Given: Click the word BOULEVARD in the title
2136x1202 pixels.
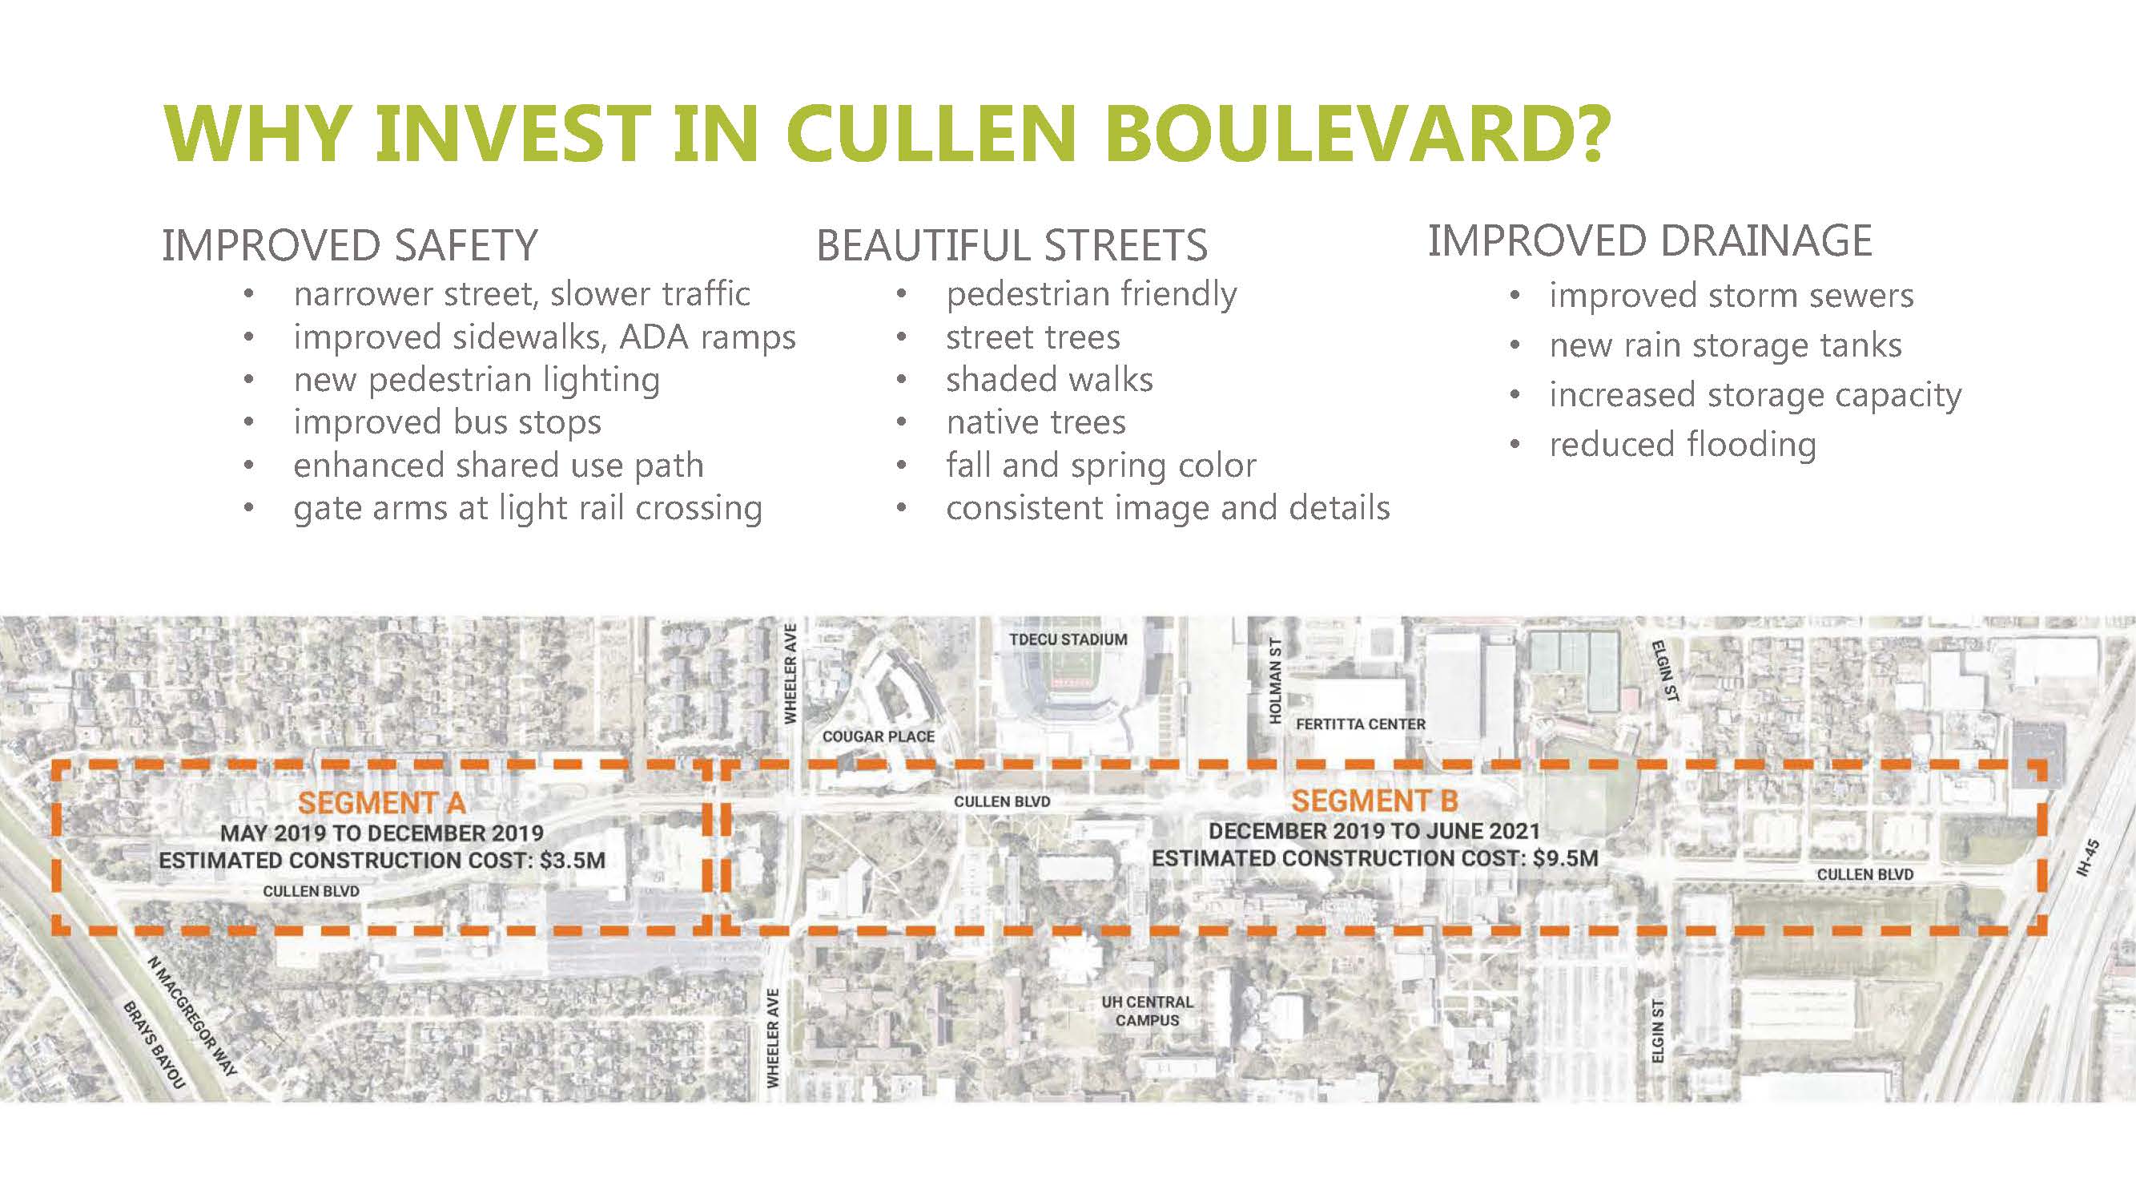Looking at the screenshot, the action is (x=1357, y=133).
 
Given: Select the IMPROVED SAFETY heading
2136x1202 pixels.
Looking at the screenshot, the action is (x=350, y=245).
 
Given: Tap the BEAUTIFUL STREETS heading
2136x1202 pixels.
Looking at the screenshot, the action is (x=1012, y=245).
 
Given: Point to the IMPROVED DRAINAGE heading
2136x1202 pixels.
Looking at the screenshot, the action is (x=1650, y=240).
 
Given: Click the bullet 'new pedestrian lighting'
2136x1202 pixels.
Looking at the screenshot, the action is (x=477, y=381).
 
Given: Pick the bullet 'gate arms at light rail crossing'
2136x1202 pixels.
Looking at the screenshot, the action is (x=527, y=509).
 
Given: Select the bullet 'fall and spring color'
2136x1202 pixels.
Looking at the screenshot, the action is (x=1101, y=466).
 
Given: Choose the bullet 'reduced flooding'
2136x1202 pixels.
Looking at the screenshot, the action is (x=1683, y=445).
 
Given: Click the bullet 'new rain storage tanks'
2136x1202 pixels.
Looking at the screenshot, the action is (x=1726, y=345).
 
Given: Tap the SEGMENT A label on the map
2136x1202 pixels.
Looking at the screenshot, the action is (x=381, y=803).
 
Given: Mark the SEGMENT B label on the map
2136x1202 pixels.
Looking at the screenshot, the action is (x=1375, y=801).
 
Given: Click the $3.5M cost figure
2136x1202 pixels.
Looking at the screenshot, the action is (x=572, y=860).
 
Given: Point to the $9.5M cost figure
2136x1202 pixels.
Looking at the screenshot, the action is (x=1566, y=857).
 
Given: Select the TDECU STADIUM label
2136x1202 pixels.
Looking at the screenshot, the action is (x=1068, y=639).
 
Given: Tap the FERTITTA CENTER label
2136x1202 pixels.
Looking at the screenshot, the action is (x=1361, y=724).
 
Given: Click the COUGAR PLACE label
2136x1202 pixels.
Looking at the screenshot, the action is (x=878, y=736).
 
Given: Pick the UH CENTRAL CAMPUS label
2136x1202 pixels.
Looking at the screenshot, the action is (x=1147, y=1011).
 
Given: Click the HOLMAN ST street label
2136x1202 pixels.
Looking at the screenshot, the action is (x=1275, y=680).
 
